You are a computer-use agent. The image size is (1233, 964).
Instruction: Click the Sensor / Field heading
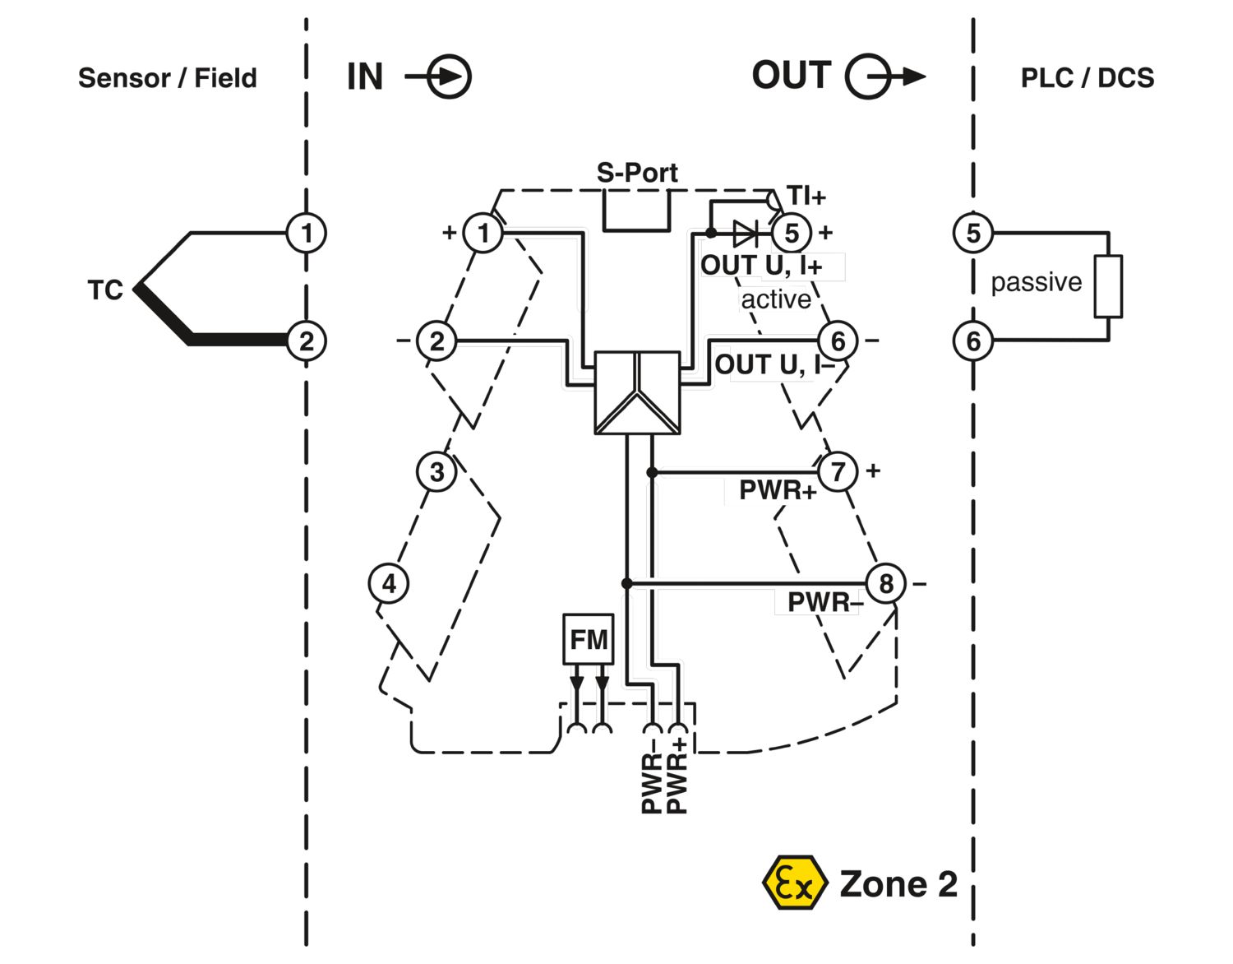click(167, 78)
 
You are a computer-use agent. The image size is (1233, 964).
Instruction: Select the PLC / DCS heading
click(1087, 78)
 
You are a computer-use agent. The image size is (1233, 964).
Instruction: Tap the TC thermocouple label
click(105, 290)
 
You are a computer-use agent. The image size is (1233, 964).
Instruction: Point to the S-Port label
click(637, 173)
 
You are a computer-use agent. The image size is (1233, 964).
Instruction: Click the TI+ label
click(806, 197)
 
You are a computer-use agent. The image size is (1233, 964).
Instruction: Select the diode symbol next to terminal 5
click(745, 234)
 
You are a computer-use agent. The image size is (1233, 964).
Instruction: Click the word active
click(776, 299)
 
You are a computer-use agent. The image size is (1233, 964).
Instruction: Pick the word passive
click(1036, 282)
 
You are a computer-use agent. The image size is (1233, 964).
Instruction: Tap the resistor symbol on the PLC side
click(1108, 287)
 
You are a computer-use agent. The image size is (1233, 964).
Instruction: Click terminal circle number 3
click(436, 472)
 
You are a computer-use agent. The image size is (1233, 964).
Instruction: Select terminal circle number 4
click(389, 584)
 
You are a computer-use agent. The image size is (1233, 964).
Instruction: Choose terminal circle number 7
click(838, 471)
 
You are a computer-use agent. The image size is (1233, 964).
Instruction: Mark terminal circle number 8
click(885, 584)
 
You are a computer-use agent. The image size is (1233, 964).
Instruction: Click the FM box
click(589, 639)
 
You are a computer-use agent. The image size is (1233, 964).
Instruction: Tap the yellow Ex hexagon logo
click(793, 883)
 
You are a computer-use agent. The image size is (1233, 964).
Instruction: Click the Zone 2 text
click(898, 884)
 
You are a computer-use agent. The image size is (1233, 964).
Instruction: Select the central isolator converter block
click(637, 392)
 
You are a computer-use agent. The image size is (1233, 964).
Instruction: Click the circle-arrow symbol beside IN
click(448, 77)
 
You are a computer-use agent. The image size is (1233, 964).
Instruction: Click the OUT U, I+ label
click(761, 266)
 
